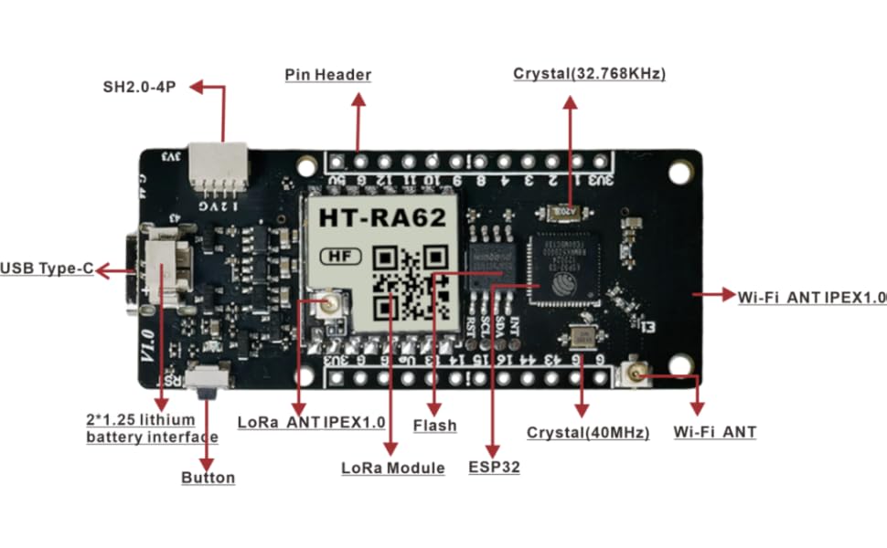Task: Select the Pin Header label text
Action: (x=327, y=75)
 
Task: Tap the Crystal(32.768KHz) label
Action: (x=589, y=74)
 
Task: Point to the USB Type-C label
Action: (x=47, y=269)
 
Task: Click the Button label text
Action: (x=208, y=478)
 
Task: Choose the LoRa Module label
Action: (x=392, y=469)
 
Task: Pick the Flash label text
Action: (x=434, y=426)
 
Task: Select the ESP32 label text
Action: (x=494, y=468)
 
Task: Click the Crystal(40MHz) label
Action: (x=588, y=433)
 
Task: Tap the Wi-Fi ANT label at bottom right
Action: (x=714, y=432)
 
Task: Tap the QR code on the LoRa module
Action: (x=412, y=282)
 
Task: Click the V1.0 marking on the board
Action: (x=149, y=348)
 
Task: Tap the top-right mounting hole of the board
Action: (x=679, y=171)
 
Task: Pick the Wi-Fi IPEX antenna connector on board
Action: (x=633, y=373)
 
